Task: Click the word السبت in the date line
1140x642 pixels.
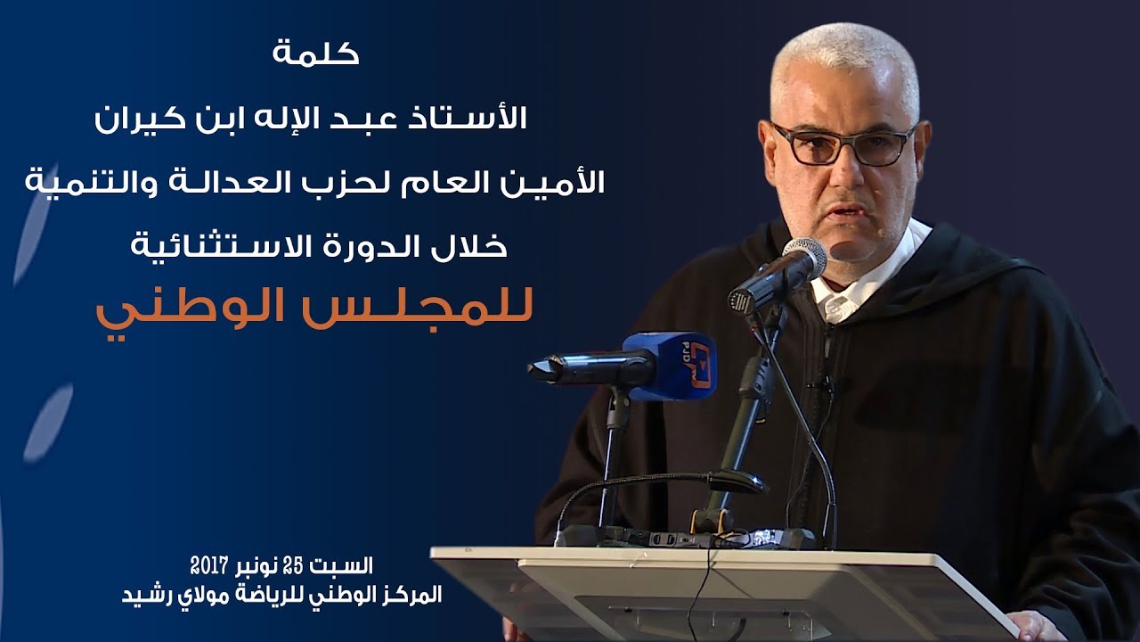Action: click(x=350, y=564)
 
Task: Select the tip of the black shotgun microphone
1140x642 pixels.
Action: click(x=540, y=368)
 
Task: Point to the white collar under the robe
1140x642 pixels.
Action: click(x=842, y=303)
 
